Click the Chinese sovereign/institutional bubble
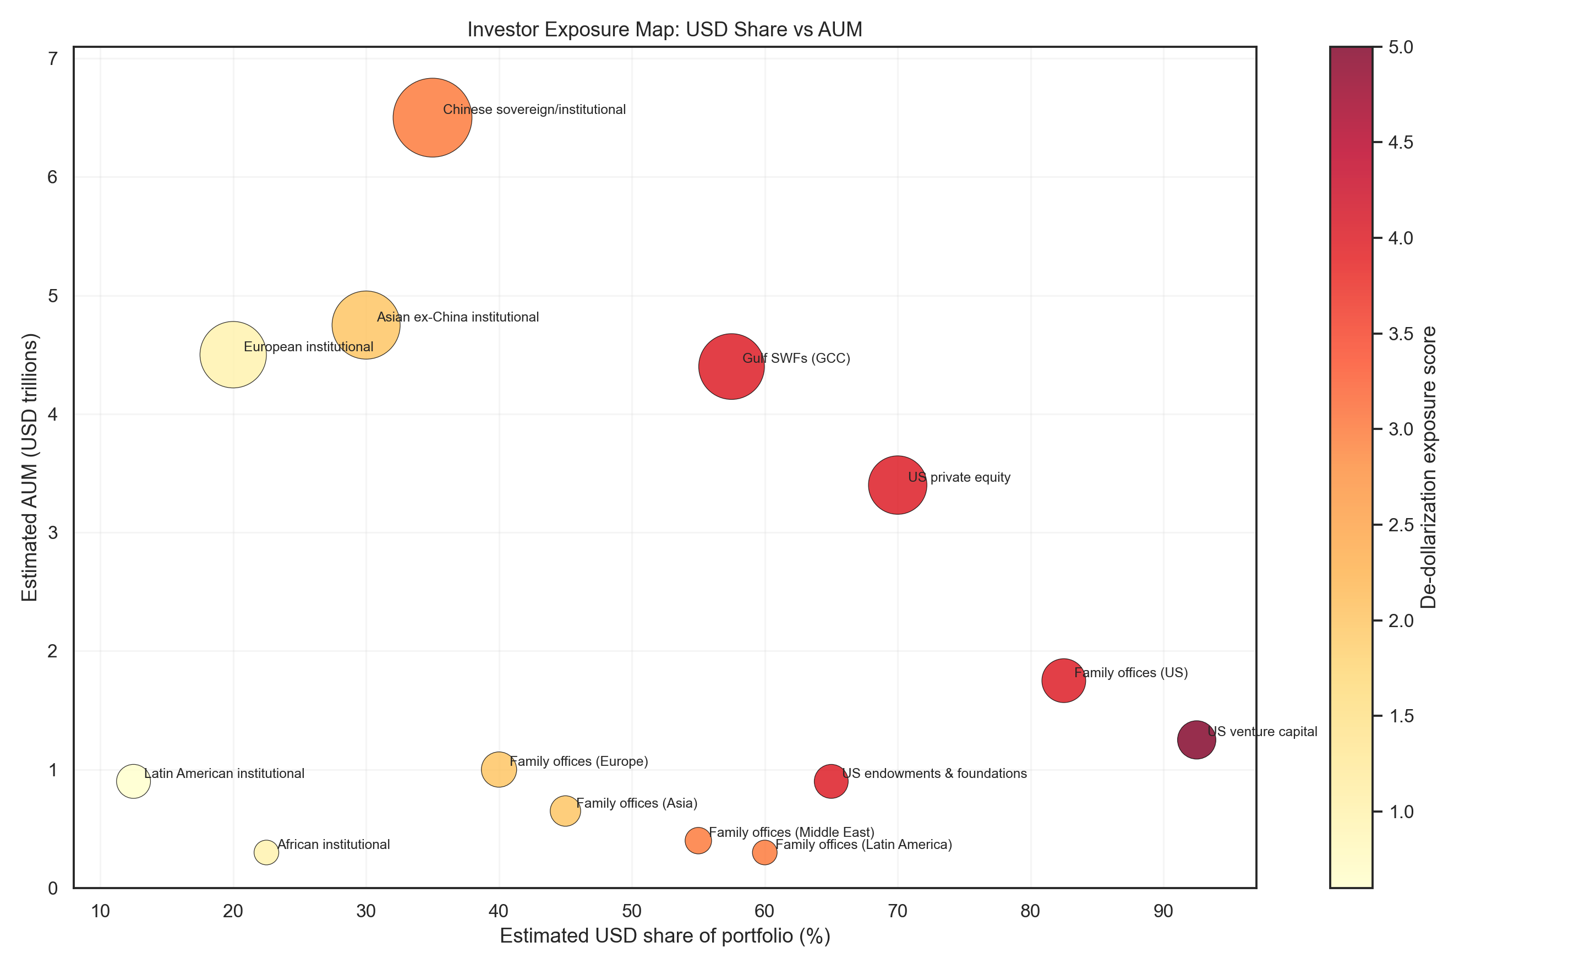point(433,117)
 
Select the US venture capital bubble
point(1196,739)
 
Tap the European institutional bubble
point(233,355)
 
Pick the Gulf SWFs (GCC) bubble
point(731,367)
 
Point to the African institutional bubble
point(266,852)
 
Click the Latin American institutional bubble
point(133,781)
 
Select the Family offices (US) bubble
point(1063,681)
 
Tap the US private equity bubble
point(898,485)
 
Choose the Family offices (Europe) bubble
point(499,769)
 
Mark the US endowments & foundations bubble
point(831,781)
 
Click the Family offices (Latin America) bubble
point(764,852)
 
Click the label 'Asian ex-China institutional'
point(457,317)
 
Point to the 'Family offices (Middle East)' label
point(791,832)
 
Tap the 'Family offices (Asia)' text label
point(636,803)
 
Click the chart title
point(664,30)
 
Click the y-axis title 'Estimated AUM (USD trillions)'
point(30,467)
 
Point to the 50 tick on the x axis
point(632,911)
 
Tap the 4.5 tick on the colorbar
point(1401,142)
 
